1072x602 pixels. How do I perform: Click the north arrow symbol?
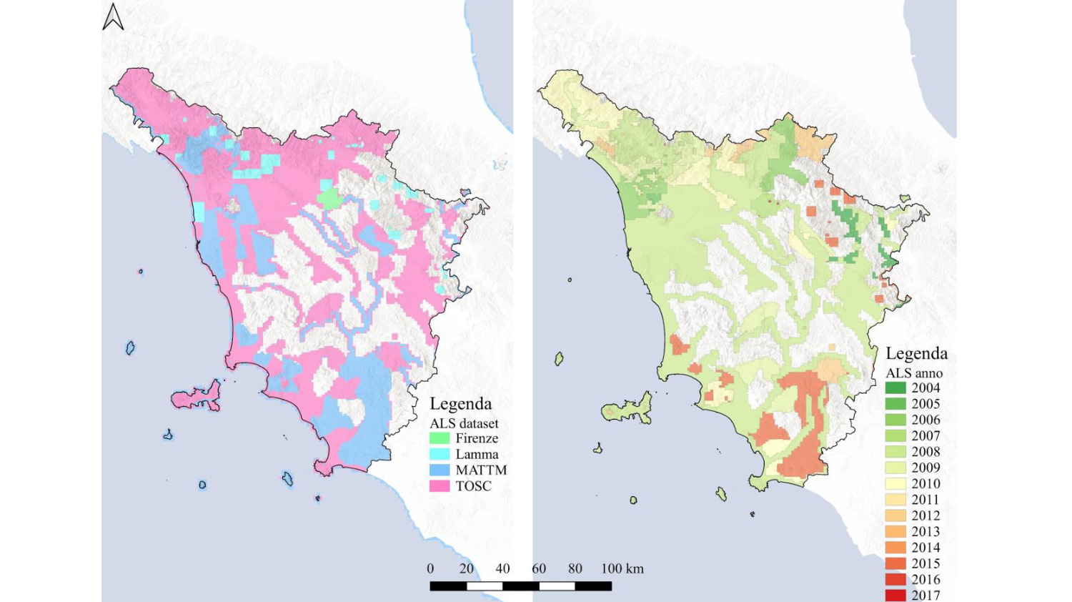pyautogui.click(x=113, y=17)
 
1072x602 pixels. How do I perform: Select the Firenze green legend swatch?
pyautogui.click(x=440, y=438)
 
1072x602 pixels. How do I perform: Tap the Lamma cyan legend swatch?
pyautogui.click(x=440, y=454)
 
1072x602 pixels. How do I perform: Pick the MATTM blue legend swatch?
pyautogui.click(x=440, y=470)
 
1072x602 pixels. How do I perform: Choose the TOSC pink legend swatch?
pyautogui.click(x=440, y=486)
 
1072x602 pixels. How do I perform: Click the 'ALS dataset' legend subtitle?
pyautogui.click(x=464, y=423)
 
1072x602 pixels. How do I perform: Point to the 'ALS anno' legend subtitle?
pyautogui.click(x=914, y=372)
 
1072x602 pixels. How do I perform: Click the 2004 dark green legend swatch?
pyautogui.click(x=895, y=388)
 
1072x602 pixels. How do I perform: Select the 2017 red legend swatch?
pyautogui.click(x=895, y=595)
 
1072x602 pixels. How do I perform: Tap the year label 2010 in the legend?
pyautogui.click(x=925, y=483)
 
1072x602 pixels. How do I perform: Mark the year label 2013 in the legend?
pyautogui.click(x=925, y=531)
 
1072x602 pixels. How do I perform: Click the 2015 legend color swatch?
pyautogui.click(x=895, y=563)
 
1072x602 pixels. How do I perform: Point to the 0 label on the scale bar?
pyautogui.click(x=430, y=568)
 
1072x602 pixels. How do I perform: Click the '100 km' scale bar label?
pyautogui.click(x=622, y=568)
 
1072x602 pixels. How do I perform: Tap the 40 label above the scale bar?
pyautogui.click(x=502, y=568)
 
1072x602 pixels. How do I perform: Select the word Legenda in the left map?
pyautogui.click(x=460, y=404)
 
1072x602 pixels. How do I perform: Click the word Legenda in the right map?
pyautogui.click(x=916, y=353)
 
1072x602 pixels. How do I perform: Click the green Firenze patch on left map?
pyautogui.click(x=329, y=197)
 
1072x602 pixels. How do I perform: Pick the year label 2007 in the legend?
pyautogui.click(x=925, y=435)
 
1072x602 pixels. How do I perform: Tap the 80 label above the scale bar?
pyautogui.click(x=575, y=568)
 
